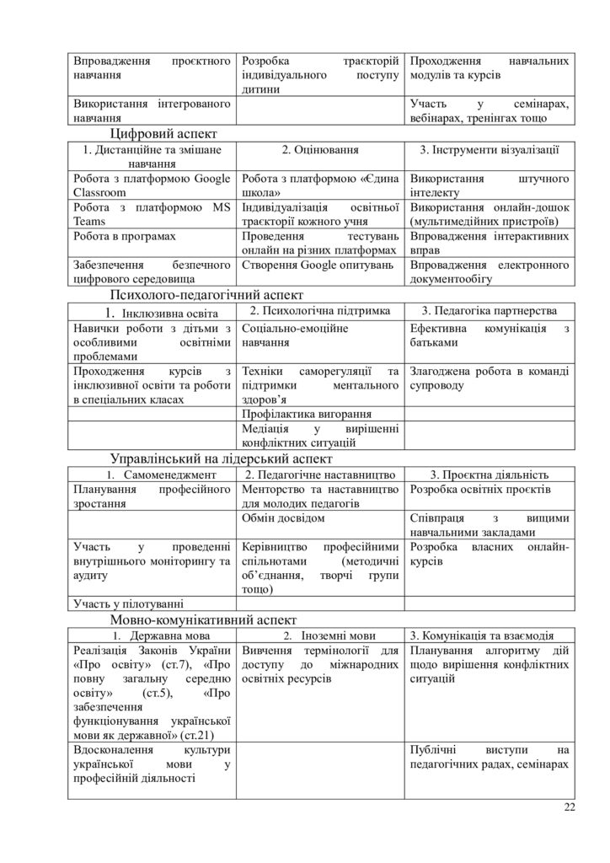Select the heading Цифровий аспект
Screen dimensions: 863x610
(x=163, y=133)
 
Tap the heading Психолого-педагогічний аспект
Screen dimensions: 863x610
(x=206, y=295)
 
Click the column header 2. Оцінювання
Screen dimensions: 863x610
(x=320, y=150)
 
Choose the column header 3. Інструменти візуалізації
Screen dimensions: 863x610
(x=490, y=150)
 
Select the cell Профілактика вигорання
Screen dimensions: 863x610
(x=306, y=415)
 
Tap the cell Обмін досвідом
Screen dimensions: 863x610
(x=282, y=518)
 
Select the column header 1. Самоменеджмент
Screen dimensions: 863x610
(x=151, y=475)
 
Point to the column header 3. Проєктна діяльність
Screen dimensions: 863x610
(x=490, y=475)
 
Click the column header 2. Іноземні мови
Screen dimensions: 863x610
(x=320, y=634)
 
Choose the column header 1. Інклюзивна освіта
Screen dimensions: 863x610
(x=151, y=313)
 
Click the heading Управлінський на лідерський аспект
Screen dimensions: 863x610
(x=221, y=458)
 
